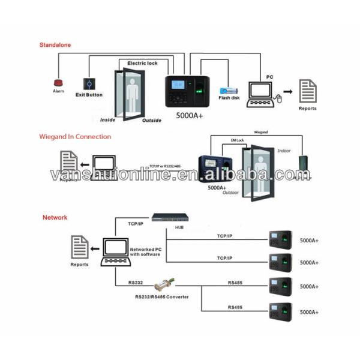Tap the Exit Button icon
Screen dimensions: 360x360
[88, 83]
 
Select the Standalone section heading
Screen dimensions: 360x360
[55, 45]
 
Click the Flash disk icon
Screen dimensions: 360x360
[228, 88]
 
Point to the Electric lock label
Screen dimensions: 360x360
[142, 62]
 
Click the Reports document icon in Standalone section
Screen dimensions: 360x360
[308, 92]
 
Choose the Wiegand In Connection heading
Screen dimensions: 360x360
[76, 137]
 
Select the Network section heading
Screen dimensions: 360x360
[55, 218]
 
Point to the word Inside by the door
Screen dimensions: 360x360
[107, 119]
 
